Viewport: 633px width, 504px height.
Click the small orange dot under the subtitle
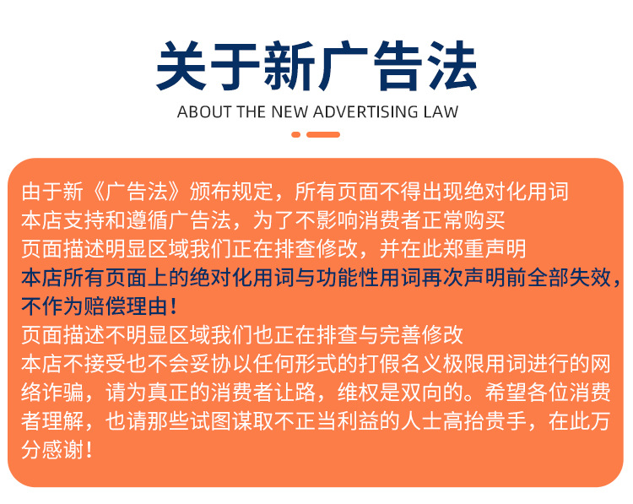(x=295, y=134)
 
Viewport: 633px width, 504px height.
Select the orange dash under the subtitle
(x=323, y=134)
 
